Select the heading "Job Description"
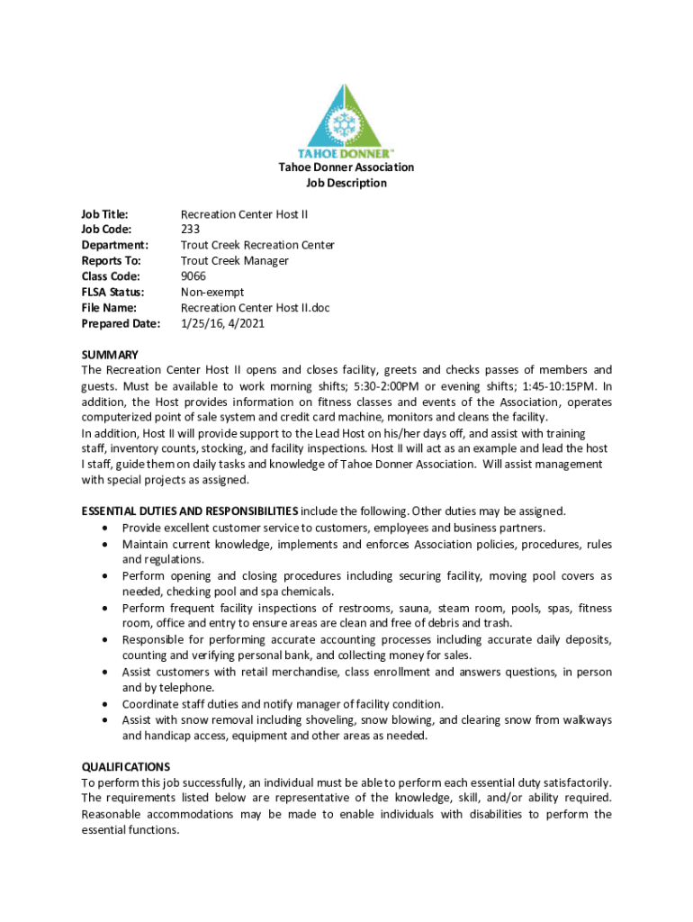[346, 183]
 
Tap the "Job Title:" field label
[105, 214]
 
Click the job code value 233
[191, 230]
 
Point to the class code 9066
[193, 276]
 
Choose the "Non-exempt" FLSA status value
[212, 292]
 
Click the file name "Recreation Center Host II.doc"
[256, 308]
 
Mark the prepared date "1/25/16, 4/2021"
[224, 323]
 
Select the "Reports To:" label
[111, 261]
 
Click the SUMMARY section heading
[110, 355]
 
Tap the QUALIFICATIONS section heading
[125, 767]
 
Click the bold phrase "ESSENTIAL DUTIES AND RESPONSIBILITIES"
[189, 511]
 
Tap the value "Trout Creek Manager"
[235, 261]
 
